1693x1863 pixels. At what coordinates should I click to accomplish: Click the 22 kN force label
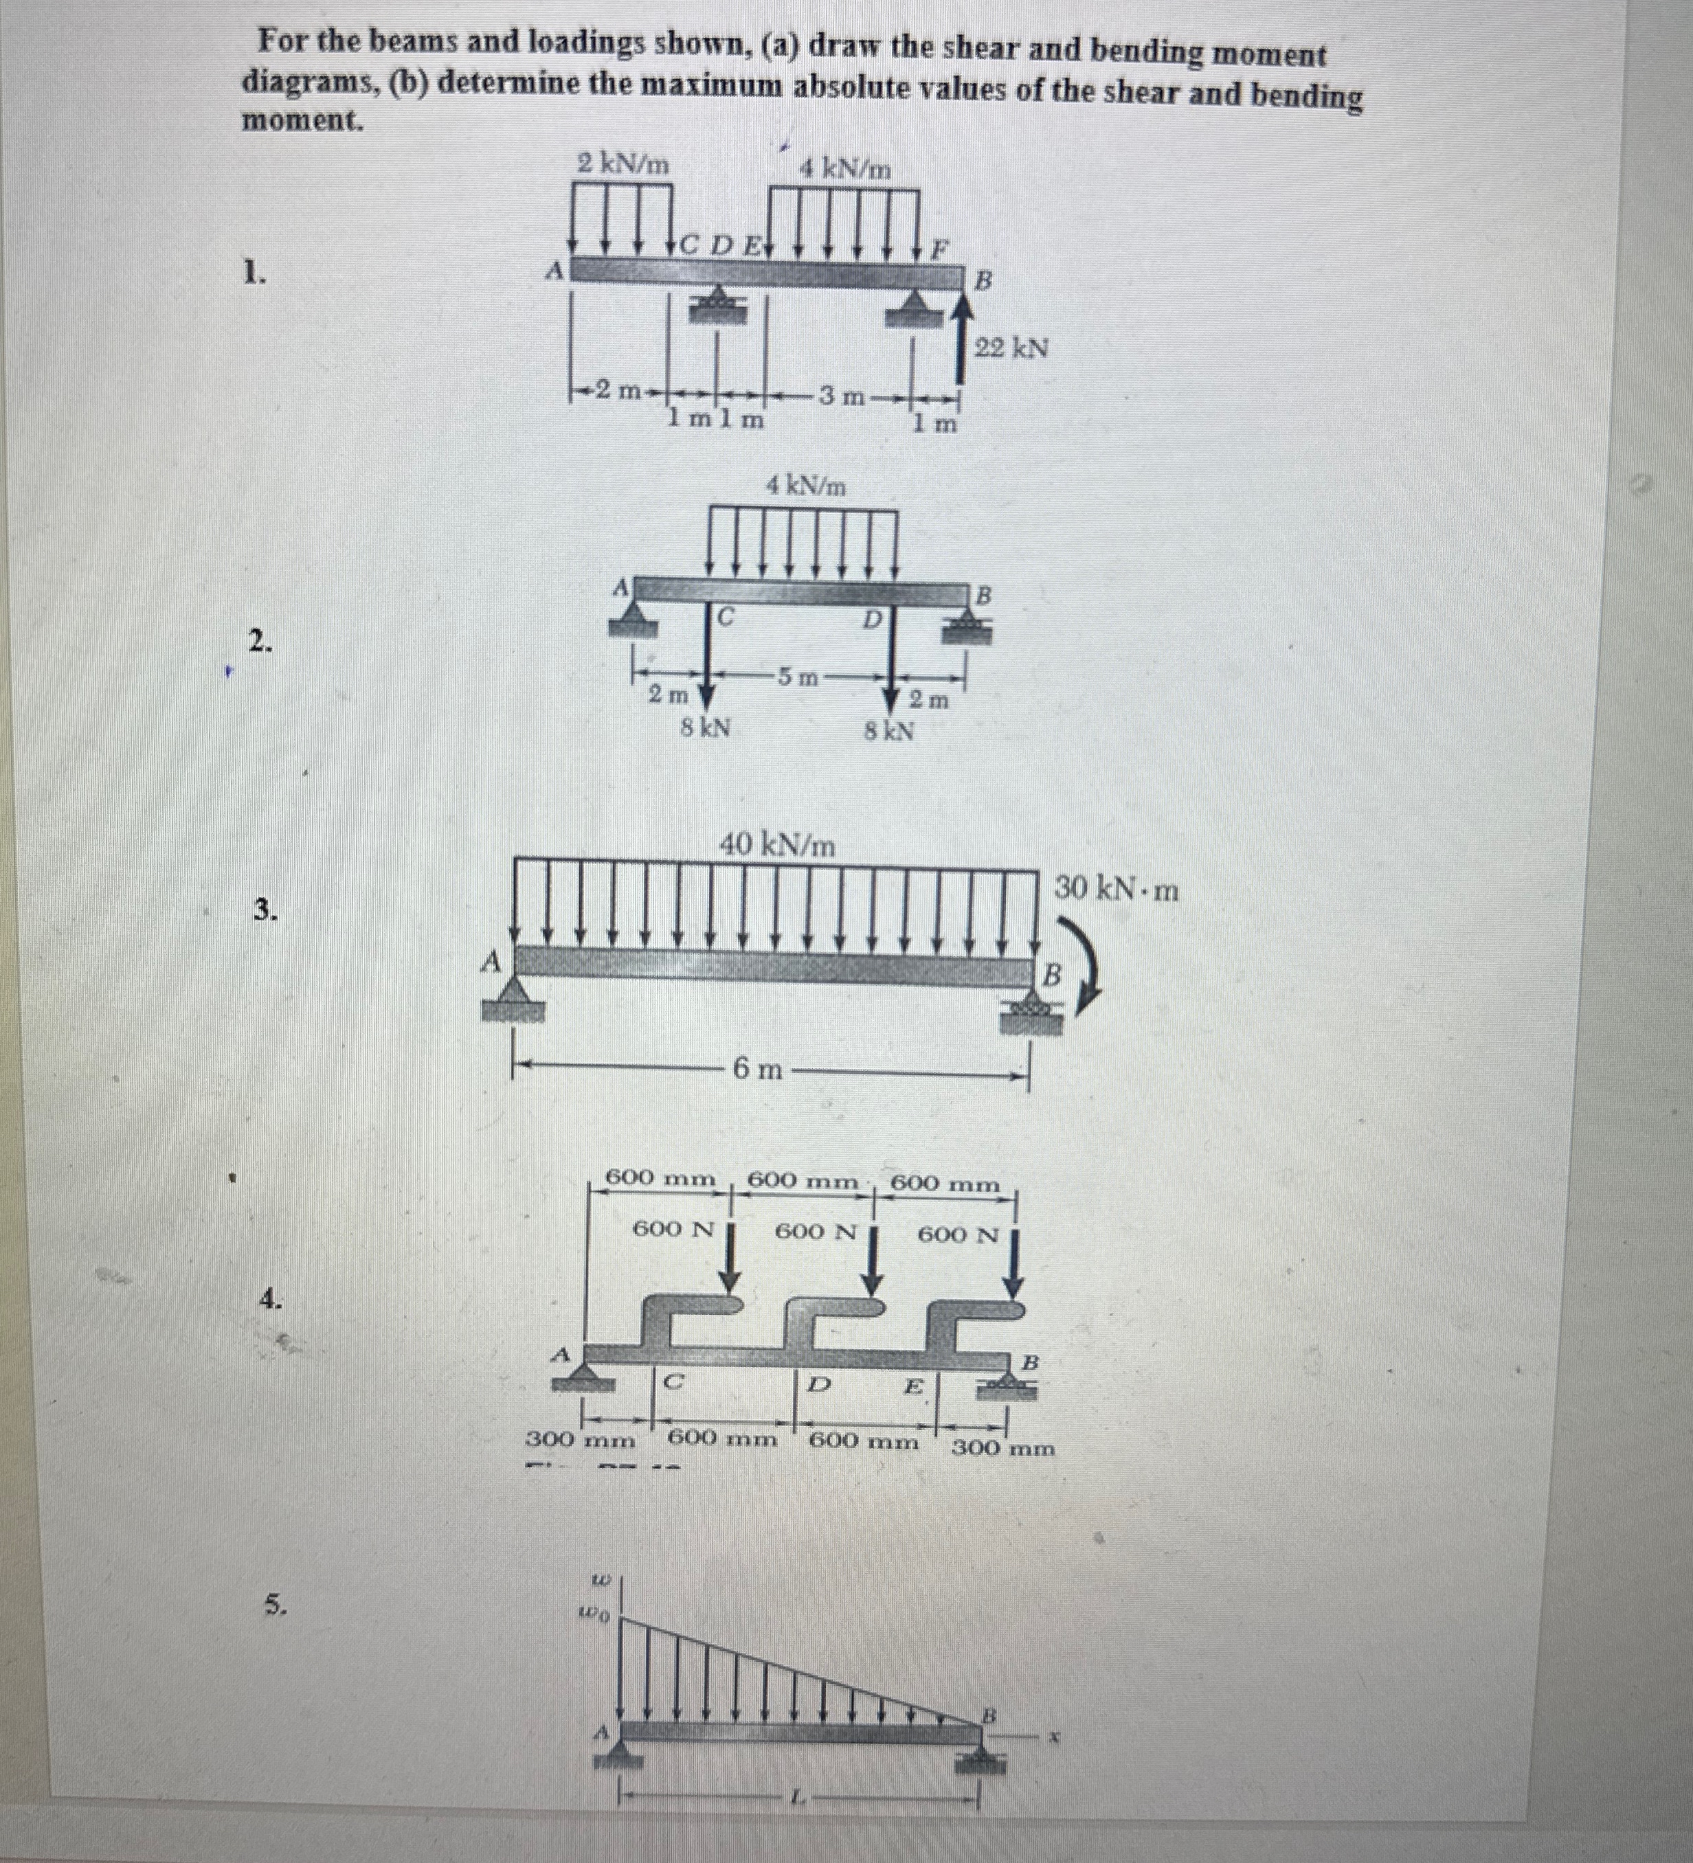(1012, 348)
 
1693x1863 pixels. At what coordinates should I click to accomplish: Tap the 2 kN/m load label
(623, 163)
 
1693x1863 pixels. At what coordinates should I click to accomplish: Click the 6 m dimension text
(758, 1070)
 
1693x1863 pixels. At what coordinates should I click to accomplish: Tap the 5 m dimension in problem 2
(795, 677)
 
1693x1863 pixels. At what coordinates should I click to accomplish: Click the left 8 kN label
(705, 728)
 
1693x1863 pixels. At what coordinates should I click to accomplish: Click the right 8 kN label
(889, 732)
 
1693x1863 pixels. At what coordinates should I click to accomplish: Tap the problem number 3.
(266, 910)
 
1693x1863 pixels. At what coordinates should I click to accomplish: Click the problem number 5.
(274, 1605)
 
